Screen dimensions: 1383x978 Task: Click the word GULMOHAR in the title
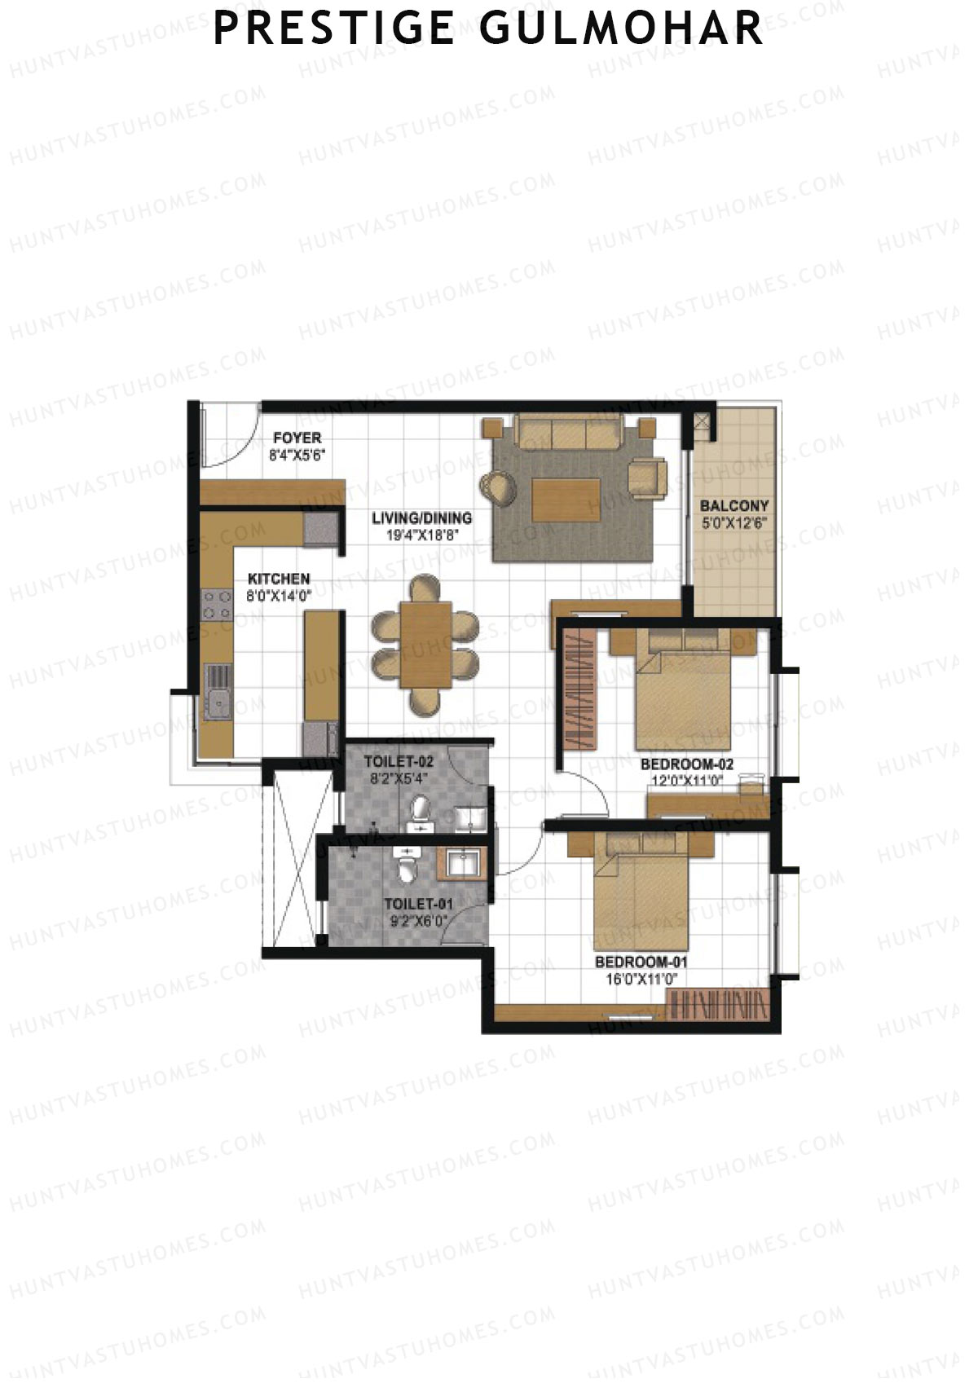621,28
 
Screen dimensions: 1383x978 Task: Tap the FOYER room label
297,438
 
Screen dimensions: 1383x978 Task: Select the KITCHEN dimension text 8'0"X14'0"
280,595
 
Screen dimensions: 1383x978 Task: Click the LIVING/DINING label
421,518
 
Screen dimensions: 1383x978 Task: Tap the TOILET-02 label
399,762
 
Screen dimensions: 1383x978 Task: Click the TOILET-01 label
418,904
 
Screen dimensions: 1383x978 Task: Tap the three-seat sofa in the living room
568,432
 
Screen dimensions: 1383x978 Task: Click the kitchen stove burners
217,606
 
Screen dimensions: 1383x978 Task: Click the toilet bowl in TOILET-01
406,870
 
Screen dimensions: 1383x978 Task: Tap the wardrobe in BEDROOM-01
717,1006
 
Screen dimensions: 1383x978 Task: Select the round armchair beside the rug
498,487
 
